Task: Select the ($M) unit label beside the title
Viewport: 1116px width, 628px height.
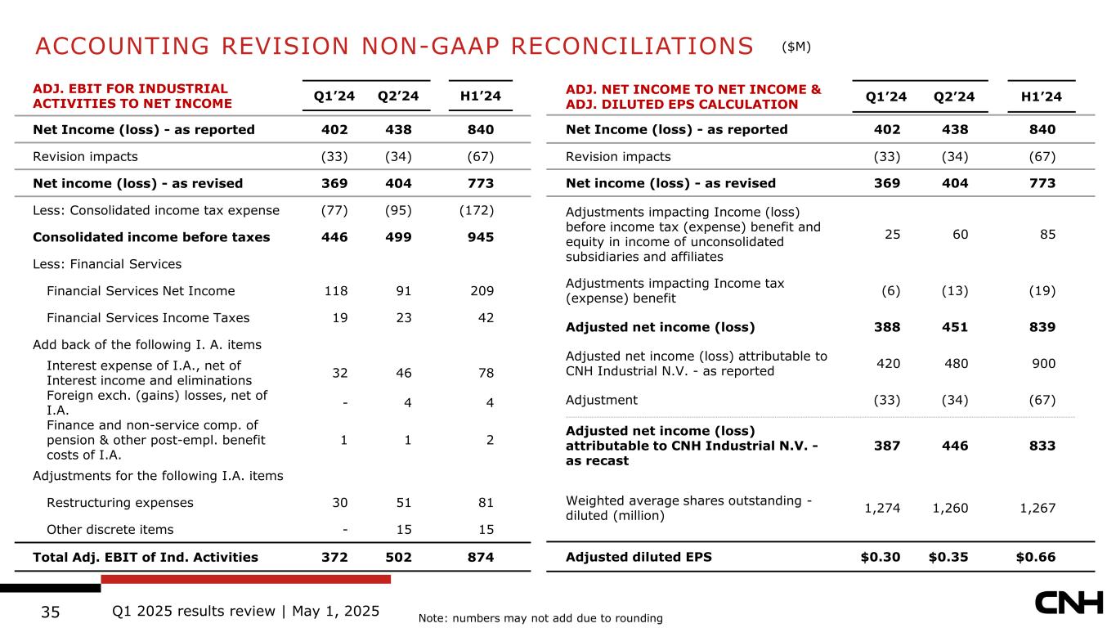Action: (796, 47)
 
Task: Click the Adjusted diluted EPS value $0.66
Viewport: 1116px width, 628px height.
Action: (1035, 558)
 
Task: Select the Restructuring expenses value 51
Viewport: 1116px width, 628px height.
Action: (401, 503)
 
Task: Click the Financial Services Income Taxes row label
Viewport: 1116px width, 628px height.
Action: (148, 317)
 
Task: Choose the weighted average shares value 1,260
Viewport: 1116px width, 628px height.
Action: (952, 509)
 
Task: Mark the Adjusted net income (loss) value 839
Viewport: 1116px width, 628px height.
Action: (1042, 327)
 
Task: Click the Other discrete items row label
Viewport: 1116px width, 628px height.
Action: (110, 529)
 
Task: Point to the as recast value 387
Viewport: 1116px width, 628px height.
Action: (887, 446)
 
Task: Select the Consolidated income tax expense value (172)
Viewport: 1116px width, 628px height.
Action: (477, 210)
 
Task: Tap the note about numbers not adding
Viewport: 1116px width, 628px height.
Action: (540, 618)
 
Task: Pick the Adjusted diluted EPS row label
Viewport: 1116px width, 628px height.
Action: (639, 558)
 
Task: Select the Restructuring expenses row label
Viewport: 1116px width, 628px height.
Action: (120, 503)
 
